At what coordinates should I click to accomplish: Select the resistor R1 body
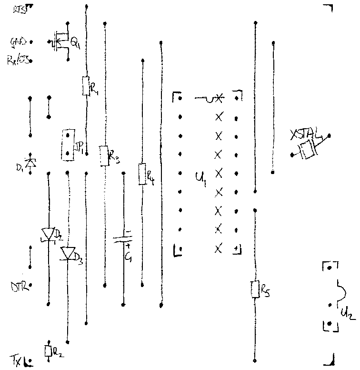click(86, 86)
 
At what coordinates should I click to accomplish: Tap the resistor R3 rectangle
click(104, 155)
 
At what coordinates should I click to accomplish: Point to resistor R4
click(141, 174)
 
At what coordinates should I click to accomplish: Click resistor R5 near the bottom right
click(255, 289)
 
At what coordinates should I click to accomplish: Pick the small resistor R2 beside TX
click(48, 351)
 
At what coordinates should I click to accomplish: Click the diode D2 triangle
click(49, 234)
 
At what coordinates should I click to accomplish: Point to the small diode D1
click(30, 162)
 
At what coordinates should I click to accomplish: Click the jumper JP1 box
click(68, 144)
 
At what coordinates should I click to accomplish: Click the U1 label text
click(200, 178)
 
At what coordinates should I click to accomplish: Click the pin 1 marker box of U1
click(236, 249)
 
